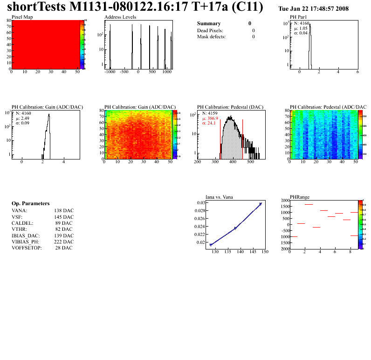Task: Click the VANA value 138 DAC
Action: (64, 211)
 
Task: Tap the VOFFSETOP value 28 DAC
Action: (64, 248)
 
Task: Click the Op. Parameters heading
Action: (30, 204)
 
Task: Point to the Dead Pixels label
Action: (210, 30)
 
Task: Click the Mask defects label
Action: (211, 36)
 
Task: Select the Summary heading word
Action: (209, 23)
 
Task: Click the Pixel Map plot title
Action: (22, 17)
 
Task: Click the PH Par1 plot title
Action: (298, 17)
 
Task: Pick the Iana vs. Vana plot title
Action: (219, 197)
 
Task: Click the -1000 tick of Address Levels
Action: (110, 72)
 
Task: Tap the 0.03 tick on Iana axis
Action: (200, 203)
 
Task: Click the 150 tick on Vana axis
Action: (265, 252)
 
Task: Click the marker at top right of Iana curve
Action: (261, 204)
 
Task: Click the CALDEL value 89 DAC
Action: (64, 223)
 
